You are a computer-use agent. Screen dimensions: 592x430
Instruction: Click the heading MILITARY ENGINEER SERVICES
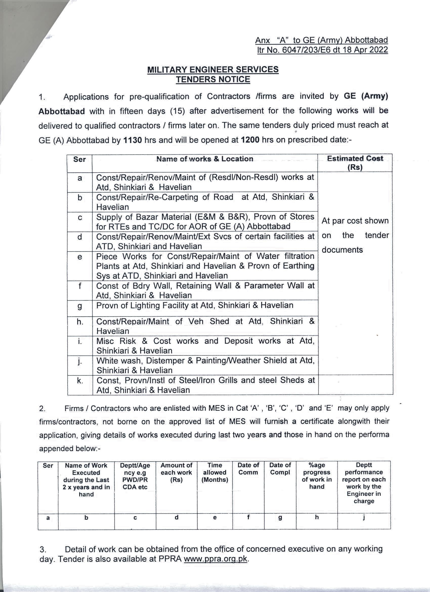pyautogui.click(x=213, y=69)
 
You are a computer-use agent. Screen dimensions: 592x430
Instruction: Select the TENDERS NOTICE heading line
pyautogui.click(x=213, y=79)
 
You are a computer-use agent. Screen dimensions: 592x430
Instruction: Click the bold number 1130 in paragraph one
pyautogui.click(x=133, y=140)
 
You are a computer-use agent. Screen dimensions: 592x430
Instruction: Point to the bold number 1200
pyautogui.click(x=250, y=140)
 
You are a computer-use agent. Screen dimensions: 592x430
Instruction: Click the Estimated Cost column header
pyautogui.click(x=355, y=163)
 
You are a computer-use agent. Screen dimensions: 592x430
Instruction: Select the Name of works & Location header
pyautogui.click(x=205, y=159)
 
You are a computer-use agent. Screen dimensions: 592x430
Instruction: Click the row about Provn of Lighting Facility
pyautogui.click(x=195, y=305)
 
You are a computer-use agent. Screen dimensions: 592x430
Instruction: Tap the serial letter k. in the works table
pyautogui.click(x=80, y=381)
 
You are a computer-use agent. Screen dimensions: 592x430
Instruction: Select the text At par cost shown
pyautogui.click(x=355, y=221)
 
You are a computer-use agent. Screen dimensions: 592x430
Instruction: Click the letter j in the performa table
pyautogui.click(x=364, y=517)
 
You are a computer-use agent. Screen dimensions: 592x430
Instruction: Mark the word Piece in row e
pyautogui.click(x=107, y=256)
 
